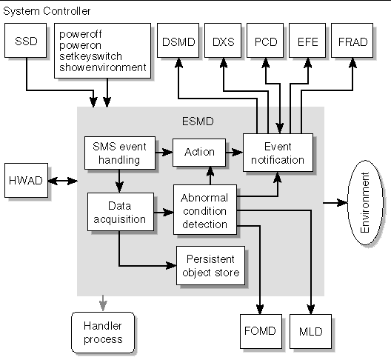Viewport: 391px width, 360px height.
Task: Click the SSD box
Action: point(25,41)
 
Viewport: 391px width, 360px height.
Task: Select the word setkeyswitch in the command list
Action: point(90,56)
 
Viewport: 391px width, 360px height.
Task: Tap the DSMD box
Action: point(178,41)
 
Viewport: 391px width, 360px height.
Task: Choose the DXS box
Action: point(223,41)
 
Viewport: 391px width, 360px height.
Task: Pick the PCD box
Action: point(265,41)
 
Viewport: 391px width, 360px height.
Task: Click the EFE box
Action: point(307,41)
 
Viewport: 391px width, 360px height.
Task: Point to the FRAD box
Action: point(352,41)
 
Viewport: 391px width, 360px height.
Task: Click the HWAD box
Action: point(26,181)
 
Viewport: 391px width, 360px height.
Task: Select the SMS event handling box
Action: point(120,153)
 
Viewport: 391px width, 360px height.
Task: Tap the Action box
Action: point(199,153)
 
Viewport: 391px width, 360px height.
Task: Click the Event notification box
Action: point(278,153)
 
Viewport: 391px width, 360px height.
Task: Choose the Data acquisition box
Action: point(121,212)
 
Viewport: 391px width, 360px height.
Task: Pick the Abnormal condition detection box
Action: point(205,210)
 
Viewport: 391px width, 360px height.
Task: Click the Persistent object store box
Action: point(211,265)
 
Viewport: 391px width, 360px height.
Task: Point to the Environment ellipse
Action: point(365,202)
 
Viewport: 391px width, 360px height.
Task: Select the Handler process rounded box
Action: point(103,333)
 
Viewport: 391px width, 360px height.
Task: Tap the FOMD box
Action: point(261,331)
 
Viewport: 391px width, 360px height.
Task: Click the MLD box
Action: point(310,331)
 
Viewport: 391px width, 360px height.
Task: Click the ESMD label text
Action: point(198,121)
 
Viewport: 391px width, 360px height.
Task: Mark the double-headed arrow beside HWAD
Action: point(63,181)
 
